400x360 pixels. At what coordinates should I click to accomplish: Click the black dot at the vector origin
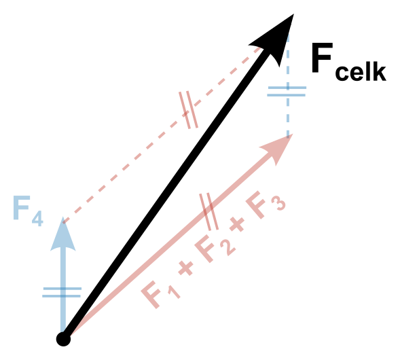63,339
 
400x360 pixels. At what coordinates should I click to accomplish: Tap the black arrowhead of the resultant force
277,38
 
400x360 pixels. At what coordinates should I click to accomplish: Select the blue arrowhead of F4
62,235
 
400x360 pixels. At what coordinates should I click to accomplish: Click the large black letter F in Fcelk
322,58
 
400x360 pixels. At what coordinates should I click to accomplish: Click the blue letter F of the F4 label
22,207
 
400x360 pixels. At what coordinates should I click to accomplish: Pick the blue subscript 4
37,219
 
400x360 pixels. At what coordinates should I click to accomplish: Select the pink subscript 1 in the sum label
174,291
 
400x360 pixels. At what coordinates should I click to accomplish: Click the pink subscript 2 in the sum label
227,247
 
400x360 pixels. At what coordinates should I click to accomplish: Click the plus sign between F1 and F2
185,268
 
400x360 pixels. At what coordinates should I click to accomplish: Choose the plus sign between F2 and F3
237,224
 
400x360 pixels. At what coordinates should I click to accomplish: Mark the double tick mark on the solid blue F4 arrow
62,292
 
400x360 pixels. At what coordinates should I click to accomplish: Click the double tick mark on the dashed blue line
287,91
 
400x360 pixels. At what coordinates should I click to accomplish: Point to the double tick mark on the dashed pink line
189,110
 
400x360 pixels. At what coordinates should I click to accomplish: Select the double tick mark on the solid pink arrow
209,211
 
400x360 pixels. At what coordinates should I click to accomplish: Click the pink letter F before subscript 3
256,207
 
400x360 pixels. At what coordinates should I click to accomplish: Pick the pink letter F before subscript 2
205,251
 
